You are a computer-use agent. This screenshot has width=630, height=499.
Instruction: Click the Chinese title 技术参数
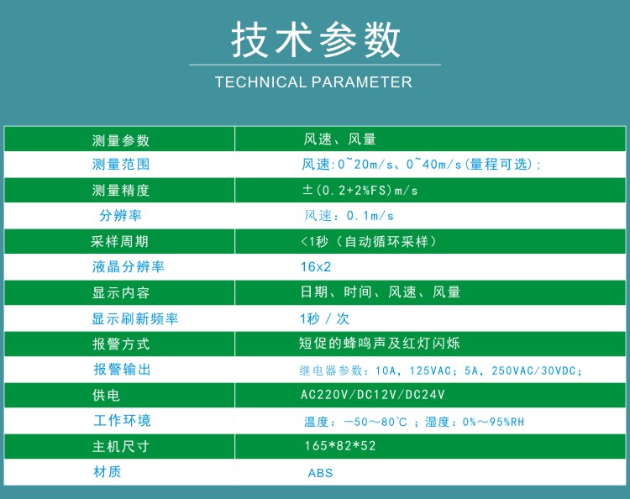pyautogui.click(x=315, y=39)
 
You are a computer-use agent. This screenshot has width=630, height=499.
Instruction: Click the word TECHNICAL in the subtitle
pyautogui.click(x=260, y=82)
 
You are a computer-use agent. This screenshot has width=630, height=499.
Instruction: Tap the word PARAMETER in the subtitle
pyautogui.click(x=361, y=82)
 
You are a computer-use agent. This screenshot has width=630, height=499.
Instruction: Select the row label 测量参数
pyautogui.click(x=120, y=140)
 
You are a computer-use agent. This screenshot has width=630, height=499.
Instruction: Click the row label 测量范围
pyautogui.click(x=120, y=165)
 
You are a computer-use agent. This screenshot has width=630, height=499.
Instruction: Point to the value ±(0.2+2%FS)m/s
pyautogui.click(x=360, y=190)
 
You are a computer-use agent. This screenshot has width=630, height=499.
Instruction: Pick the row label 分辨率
pyautogui.click(x=120, y=215)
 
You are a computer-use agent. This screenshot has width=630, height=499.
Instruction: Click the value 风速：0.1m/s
pyautogui.click(x=349, y=216)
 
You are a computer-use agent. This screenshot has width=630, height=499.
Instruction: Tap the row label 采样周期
pyautogui.click(x=119, y=241)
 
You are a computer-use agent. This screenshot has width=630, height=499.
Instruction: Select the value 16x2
pyautogui.click(x=316, y=267)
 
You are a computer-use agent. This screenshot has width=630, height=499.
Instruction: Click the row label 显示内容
pyautogui.click(x=120, y=292)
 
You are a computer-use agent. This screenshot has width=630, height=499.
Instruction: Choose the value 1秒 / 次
pyautogui.click(x=324, y=318)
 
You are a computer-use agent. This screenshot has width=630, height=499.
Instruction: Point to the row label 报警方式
pyautogui.click(x=120, y=344)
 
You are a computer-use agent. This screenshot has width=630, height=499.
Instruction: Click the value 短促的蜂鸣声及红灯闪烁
pyautogui.click(x=380, y=343)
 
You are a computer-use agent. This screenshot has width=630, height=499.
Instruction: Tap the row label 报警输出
pyautogui.click(x=122, y=370)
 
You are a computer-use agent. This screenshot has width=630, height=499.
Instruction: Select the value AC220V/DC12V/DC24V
pyautogui.click(x=373, y=395)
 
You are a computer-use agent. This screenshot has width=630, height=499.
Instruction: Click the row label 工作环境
pyautogui.click(x=122, y=420)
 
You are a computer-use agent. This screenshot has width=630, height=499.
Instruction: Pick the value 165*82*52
pyautogui.click(x=340, y=445)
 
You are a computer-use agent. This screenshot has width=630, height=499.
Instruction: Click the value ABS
pyautogui.click(x=320, y=473)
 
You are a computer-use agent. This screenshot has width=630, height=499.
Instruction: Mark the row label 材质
pyautogui.click(x=108, y=471)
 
